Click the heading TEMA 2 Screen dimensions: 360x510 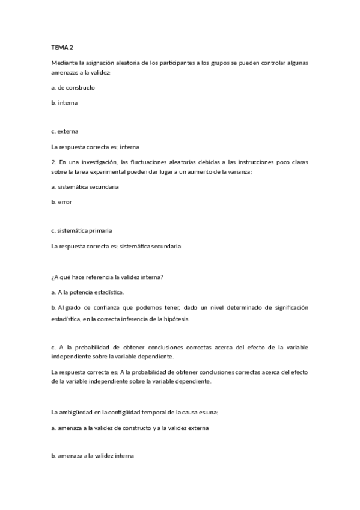click(x=62, y=47)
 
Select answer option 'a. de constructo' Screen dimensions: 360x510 click(x=73, y=87)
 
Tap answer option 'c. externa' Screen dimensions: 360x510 click(x=65, y=131)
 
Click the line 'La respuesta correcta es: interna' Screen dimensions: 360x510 click(x=96, y=146)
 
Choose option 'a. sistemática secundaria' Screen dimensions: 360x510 click(x=85, y=186)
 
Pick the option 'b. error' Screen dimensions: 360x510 click(x=62, y=202)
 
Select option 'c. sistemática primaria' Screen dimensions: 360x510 click(x=82, y=230)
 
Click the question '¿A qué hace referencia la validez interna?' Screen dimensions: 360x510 click(x=108, y=277)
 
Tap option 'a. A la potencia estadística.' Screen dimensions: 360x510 click(x=88, y=292)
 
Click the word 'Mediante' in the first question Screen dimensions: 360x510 click(x=64, y=63)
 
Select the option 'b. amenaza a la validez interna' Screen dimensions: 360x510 click(x=93, y=456)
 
